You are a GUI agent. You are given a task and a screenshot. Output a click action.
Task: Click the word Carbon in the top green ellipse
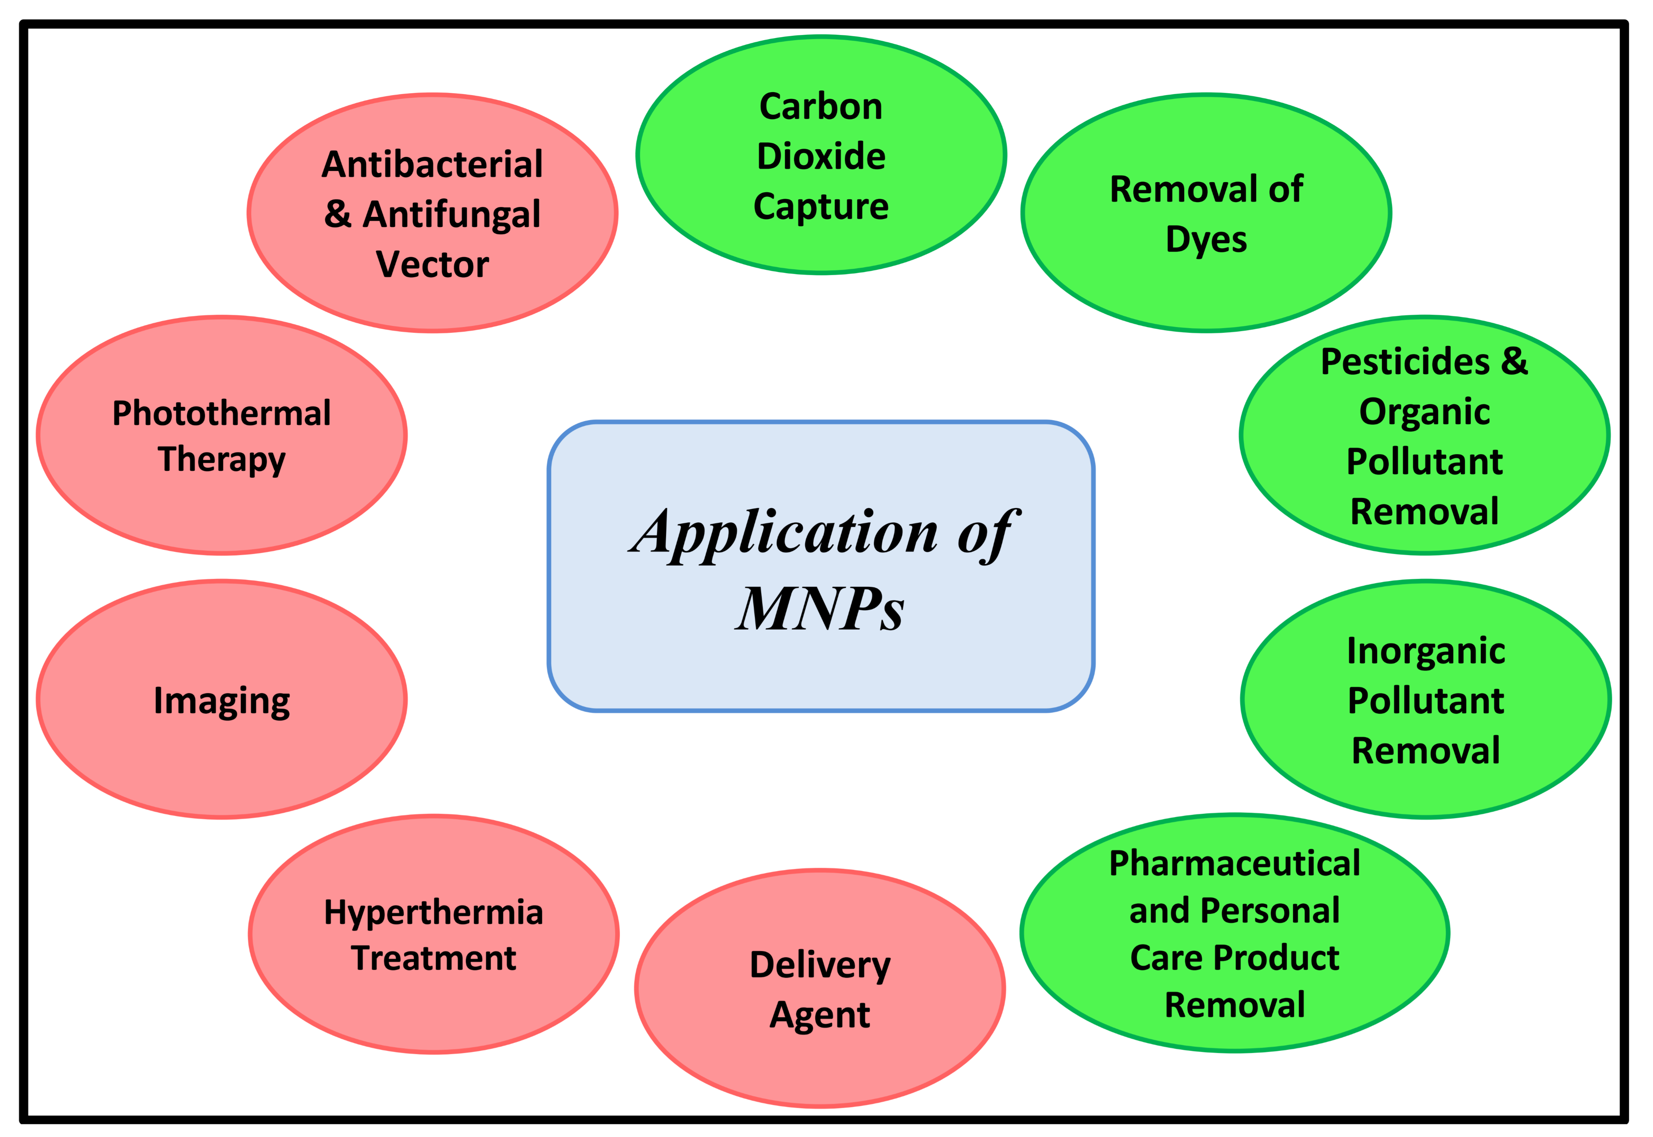coord(821,107)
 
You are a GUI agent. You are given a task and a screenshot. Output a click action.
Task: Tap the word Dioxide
coord(821,156)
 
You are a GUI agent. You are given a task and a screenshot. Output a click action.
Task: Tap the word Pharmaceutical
coord(1235,863)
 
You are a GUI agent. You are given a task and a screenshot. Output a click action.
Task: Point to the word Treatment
coord(433,958)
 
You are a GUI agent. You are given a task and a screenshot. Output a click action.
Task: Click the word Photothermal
coord(221,413)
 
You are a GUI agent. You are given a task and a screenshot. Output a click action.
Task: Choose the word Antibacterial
coord(432,164)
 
